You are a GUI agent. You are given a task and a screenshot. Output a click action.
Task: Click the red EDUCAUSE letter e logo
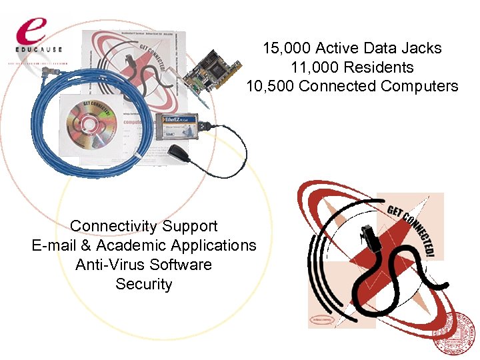(31, 29)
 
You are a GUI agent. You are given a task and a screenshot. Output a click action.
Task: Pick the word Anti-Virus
(110, 265)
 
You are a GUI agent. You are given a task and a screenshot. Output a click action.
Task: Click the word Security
(143, 284)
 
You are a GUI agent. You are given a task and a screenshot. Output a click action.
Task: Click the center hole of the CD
(87, 124)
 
